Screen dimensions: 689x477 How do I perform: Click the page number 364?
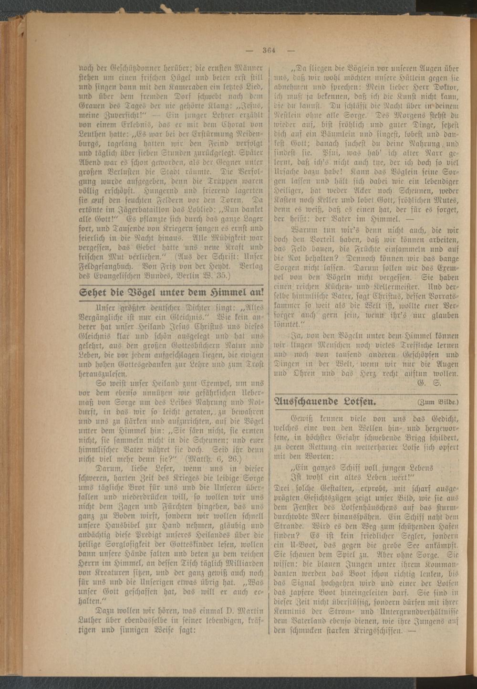pos(270,51)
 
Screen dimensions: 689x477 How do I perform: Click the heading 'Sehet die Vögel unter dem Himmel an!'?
pos(171,292)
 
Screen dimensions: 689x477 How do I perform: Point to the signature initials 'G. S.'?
pos(428,383)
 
